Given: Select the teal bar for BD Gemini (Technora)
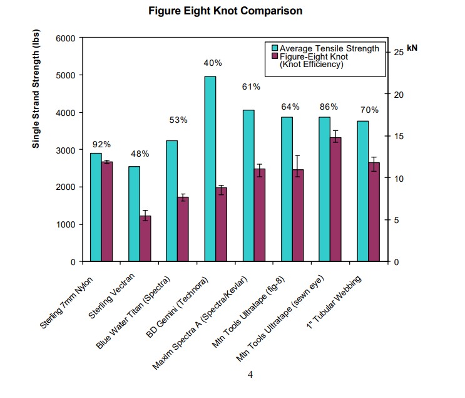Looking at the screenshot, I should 210,169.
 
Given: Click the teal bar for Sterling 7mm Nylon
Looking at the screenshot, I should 96,207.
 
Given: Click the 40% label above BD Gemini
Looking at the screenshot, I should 213,63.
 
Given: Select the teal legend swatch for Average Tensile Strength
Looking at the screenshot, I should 274,48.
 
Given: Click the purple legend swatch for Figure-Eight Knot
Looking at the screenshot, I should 274,56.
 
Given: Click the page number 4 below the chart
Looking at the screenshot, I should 250,375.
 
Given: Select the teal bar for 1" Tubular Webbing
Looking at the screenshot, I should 362,191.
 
